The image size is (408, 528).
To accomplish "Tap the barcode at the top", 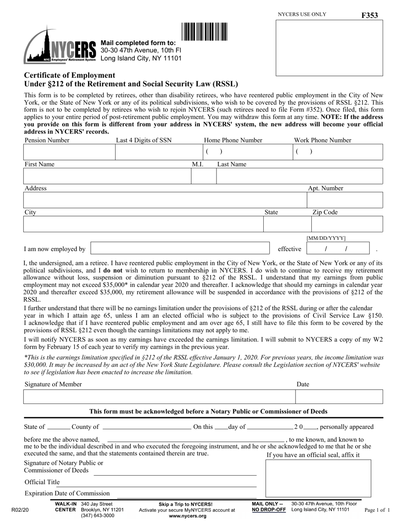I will (204, 32).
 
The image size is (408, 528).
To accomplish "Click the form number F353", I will (370, 15).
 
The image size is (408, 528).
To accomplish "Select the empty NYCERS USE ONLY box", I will (329, 48).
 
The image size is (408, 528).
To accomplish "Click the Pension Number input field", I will (69, 152).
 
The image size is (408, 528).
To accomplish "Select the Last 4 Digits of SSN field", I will (158, 152).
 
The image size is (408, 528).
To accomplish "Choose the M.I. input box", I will (203, 176).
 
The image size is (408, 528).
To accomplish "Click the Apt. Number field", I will (344, 200).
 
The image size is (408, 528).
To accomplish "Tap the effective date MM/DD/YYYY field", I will (338, 249).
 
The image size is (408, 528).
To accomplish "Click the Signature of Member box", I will (159, 397).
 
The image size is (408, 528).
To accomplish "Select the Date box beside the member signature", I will (339, 397).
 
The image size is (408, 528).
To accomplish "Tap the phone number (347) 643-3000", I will (97, 516).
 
